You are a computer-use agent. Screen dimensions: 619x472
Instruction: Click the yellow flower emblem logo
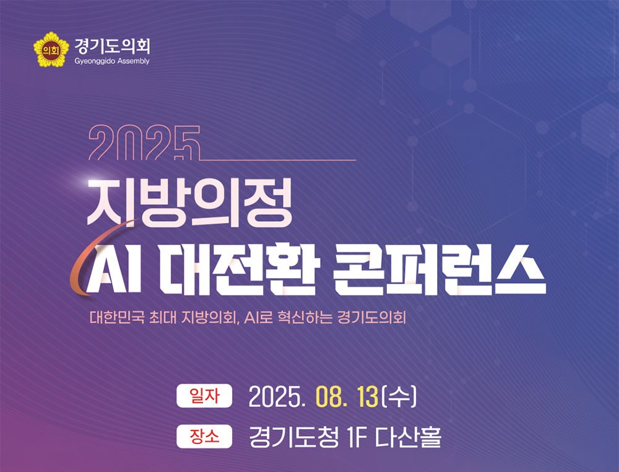point(51,50)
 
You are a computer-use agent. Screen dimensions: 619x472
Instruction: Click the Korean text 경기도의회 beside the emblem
point(112,46)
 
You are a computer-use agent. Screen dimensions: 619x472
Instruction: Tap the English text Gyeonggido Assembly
point(112,61)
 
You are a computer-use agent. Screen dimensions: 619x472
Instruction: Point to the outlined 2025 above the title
point(144,143)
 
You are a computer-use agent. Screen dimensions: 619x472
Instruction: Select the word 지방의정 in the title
point(189,203)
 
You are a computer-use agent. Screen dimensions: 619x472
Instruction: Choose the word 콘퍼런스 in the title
point(440,269)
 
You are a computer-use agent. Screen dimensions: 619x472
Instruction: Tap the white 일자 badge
point(204,395)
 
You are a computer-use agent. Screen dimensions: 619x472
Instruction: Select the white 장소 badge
point(204,437)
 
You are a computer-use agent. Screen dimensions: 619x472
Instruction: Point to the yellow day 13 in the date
point(367,397)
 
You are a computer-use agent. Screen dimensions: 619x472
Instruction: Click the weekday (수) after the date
point(399,396)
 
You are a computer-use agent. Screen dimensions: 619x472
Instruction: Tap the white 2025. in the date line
point(277,397)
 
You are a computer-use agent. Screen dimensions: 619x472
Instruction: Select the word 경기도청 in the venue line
point(294,437)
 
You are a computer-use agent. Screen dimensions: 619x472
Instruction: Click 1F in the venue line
point(356,437)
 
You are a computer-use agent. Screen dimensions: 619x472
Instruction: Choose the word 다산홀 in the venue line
point(407,437)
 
